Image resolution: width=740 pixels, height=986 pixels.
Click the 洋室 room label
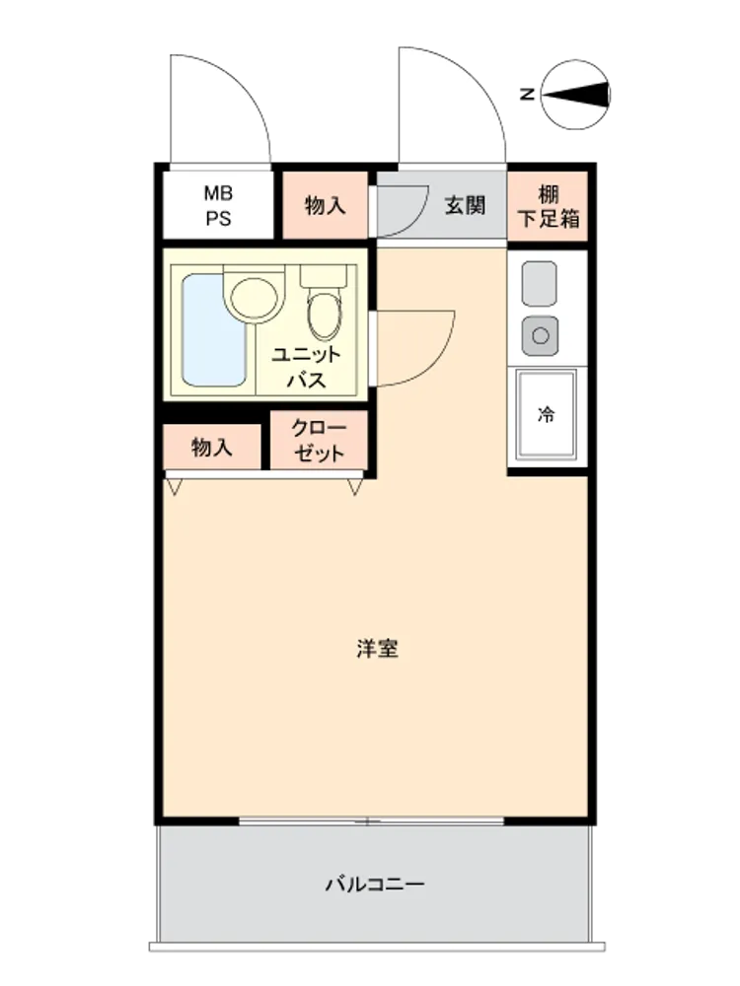pyautogui.click(x=377, y=649)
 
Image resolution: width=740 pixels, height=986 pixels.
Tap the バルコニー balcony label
pyautogui.click(x=375, y=884)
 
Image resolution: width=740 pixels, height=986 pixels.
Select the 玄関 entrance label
pyautogui.click(x=465, y=205)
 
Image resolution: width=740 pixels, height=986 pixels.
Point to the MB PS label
pyautogui.click(x=218, y=206)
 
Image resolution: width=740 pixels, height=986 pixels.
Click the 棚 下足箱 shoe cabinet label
pyautogui.click(x=548, y=206)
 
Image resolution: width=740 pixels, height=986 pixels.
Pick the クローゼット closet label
pyautogui.click(x=319, y=440)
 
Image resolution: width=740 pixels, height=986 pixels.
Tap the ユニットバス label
pyautogui.click(x=307, y=367)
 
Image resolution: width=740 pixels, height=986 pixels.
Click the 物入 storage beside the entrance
pyautogui.click(x=326, y=205)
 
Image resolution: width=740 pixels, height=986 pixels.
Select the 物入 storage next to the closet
pyautogui.click(x=212, y=448)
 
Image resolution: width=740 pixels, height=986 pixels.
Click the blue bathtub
pyautogui.click(x=213, y=329)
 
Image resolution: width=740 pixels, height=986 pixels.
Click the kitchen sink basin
pyautogui.click(x=540, y=284)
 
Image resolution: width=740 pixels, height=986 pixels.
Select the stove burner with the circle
pyautogui.click(x=540, y=335)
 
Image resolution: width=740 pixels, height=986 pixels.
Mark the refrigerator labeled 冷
pyautogui.click(x=547, y=414)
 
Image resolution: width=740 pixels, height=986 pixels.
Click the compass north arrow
pyautogui.click(x=577, y=95)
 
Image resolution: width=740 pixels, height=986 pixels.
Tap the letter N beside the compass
pyautogui.click(x=527, y=95)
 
